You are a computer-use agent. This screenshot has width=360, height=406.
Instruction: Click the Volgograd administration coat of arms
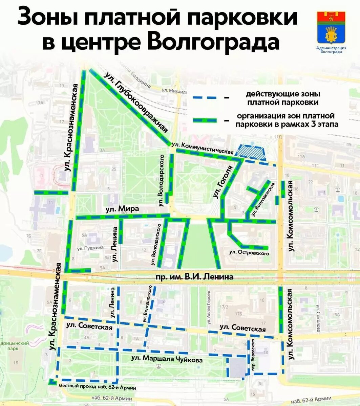(331, 29)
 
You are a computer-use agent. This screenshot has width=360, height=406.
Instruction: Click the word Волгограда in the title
(213, 42)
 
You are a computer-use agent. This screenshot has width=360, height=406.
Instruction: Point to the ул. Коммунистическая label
(203, 148)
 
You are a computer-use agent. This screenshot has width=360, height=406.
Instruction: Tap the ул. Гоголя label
(222, 182)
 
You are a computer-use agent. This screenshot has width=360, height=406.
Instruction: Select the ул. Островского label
(249, 252)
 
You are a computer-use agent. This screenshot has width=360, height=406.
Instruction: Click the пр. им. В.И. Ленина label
(194, 277)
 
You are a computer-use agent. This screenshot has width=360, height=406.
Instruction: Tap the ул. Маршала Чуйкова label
(167, 359)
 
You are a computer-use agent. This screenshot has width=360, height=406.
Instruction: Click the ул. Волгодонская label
(263, 199)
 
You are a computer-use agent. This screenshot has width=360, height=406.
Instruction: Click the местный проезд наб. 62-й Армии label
(97, 387)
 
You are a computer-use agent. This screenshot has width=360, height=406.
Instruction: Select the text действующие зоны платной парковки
(283, 98)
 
